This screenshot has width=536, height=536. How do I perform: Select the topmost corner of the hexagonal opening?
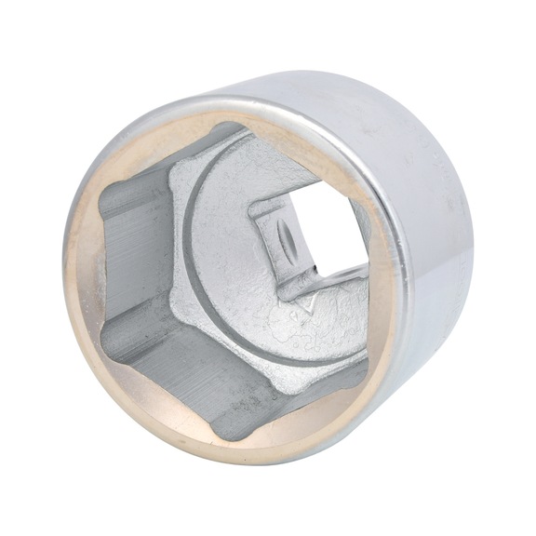coord(223,128)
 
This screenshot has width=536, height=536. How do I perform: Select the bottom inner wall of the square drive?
coord(321,279)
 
